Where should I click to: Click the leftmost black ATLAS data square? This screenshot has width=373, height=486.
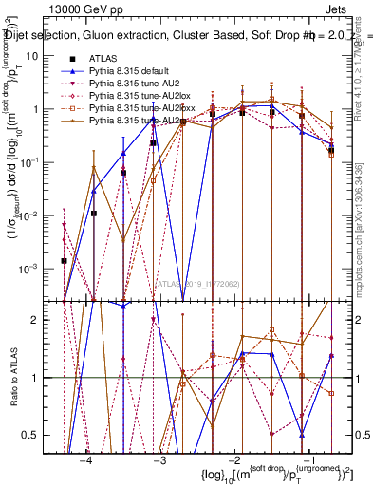point(64,260)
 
